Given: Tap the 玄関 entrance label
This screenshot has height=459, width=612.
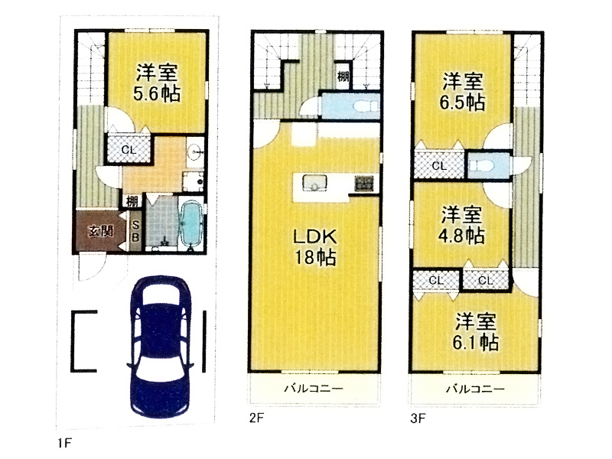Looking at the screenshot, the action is pyautogui.click(x=101, y=231).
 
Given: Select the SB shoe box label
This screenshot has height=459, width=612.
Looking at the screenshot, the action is pyautogui.click(x=135, y=231).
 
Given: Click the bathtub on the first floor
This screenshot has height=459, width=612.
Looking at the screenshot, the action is pyautogui.click(x=191, y=225).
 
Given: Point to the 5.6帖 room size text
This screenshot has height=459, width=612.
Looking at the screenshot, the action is pyautogui.click(x=157, y=93).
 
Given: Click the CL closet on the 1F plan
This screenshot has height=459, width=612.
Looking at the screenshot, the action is pyautogui.click(x=129, y=150).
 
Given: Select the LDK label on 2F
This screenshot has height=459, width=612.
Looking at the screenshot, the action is pyautogui.click(x=314, y=236).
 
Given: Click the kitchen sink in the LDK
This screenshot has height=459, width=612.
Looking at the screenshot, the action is pyautogui.click(x=314, y=183).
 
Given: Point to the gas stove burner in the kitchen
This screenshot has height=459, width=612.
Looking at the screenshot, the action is pyautogui.click(x=364, y=184).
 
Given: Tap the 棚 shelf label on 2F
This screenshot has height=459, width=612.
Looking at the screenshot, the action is pyautogui.click(x=343, y=76).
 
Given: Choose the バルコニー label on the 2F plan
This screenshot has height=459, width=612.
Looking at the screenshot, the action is pyautogui.click(x=314, y=388).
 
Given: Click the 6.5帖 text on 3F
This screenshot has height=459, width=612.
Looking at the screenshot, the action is pyautogui.click(x=462, y=103).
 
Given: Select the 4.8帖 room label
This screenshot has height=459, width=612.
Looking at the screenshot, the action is pyautogui.click(x=462, y=236).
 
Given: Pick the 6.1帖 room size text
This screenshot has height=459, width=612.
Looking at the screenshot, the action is pyautogui.click(x=475, y=342).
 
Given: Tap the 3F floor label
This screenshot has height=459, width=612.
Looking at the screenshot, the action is pyautogui.click(x=418, y=418).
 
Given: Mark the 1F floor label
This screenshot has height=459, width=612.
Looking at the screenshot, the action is pyautogui.click(x=65, y=443).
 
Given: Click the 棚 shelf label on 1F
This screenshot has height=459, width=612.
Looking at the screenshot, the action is pyautogui.click(x=132, y=201).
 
